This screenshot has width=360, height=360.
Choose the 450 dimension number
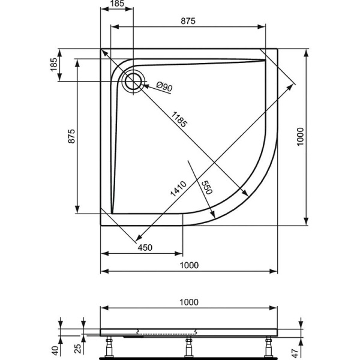146,247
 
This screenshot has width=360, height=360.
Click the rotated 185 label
54,65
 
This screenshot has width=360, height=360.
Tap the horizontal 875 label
188,21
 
